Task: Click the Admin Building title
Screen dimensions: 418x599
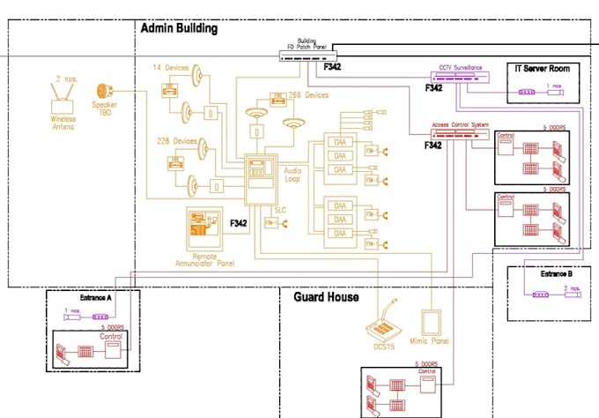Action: pyautogui.click(x=179, y=28)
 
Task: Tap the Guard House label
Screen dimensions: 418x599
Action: pyautogui.click(x=326, y=297)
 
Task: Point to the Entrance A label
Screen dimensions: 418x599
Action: pyautogui.click(x=96, y=298)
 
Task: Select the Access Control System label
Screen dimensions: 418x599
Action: pyautogui.click(x=460, y=124)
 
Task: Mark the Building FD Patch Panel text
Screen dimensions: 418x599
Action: pyautogui.click(x=306, y=44)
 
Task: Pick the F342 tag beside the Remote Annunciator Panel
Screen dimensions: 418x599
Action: pyautogui.click(x=238, y=224)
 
